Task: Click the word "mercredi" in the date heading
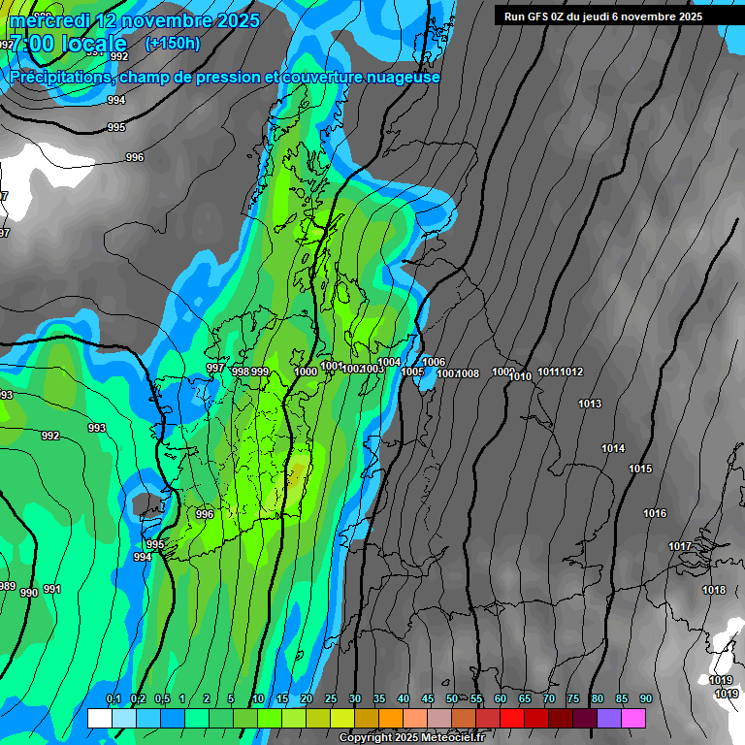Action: (45, 20)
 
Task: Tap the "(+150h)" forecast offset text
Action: (173, 43)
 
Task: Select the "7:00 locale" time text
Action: (68, 45)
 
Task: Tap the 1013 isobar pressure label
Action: (589, 404)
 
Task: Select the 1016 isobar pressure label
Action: (655, 513)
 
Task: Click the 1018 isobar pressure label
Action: (714, 590)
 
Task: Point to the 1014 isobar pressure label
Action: (613, 448)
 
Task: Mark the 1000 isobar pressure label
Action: (306, 372)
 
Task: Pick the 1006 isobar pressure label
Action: (434, 362)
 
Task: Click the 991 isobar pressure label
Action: (51, 589)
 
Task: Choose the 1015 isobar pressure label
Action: (640, 469)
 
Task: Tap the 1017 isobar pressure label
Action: (680, 546)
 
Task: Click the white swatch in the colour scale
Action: (99, 718)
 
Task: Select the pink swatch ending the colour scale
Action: (633, 718)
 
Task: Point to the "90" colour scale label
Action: (645, 699)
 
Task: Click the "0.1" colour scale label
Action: (113, 699)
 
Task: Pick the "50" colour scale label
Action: (452, 699)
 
